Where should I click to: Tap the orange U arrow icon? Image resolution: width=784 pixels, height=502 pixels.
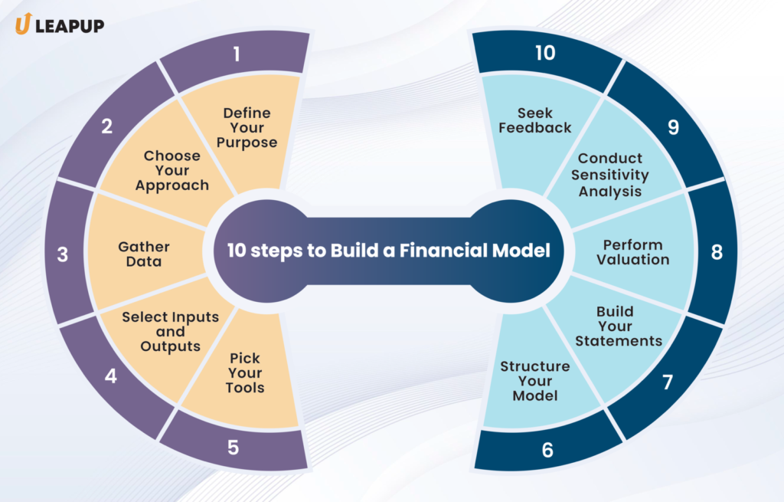(22, 25)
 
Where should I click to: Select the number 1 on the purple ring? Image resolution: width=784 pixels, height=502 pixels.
(237, 54)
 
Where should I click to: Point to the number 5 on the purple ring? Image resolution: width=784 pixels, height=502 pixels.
(234, 446)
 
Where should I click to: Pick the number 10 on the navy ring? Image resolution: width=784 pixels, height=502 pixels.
(545, 53)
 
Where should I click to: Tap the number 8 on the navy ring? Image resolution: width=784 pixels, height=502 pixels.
(717, 251)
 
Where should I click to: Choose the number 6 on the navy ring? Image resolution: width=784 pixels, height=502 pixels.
(547, 450)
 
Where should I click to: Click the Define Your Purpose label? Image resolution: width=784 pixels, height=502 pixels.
(247, 127)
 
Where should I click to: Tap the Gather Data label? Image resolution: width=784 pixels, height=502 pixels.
(143, 254)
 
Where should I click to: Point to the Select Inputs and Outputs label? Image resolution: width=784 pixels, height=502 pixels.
(170, 332)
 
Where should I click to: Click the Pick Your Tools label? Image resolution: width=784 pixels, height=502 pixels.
(244, 372)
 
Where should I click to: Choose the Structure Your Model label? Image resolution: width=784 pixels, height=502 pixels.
(534, 381)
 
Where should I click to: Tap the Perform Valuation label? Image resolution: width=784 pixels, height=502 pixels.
(632, 252)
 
